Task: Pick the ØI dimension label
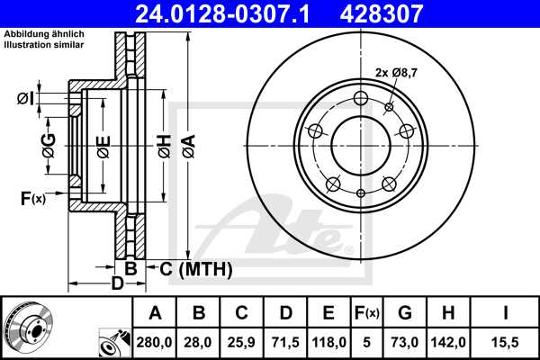(26, 98)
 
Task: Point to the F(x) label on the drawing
(32, 197)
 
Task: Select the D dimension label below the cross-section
(116, 284)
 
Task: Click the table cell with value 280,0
(155, 341)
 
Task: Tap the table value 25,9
(242, 341)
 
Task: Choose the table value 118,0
(328, 341)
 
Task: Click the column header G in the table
(404, 313)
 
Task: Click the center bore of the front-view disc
(359, 144)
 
